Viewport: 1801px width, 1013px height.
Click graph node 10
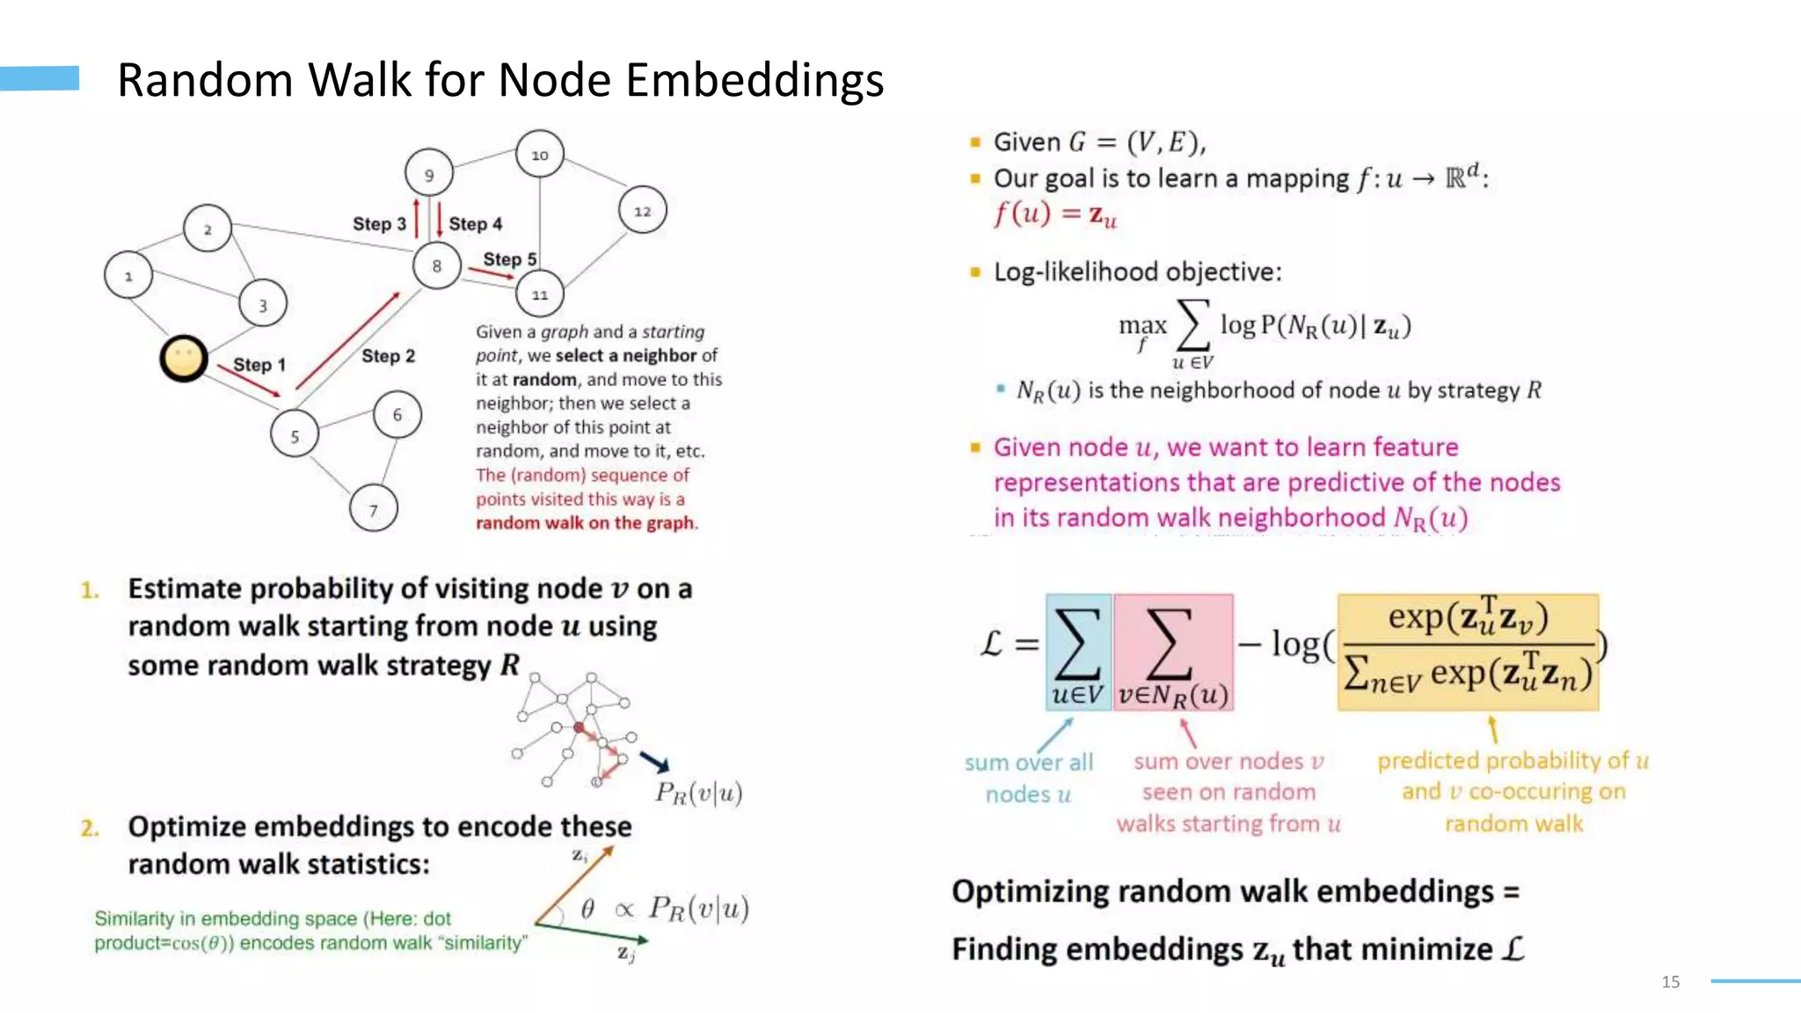tap(539, 154)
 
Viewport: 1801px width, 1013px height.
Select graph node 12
tap(643, 211)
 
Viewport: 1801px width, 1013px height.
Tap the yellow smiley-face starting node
tap(184, 359)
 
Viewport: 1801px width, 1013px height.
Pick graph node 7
tap(374, 509)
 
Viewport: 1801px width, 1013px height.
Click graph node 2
tap(208, 229)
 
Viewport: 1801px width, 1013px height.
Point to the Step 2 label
tap(388, 356)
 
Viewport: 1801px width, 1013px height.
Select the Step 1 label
tap(259, 364)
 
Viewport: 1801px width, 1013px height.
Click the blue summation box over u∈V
tap(1078, 652)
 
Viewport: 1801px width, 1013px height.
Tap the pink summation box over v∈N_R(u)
tap(1173, 652)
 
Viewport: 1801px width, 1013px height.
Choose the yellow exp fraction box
tap(1468, 652)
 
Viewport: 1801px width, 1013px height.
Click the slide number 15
tap(1671, 981)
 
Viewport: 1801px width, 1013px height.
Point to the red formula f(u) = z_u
tap(1054, 215)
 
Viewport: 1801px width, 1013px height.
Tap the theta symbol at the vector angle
tap(587, 908)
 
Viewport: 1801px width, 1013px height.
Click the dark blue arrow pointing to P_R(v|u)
tap(655, 762)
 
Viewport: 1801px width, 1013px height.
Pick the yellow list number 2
tap(90, 828)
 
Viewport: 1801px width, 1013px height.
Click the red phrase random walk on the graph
tap(586, 523)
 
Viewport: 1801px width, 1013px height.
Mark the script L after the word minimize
tap(1513, 949)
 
